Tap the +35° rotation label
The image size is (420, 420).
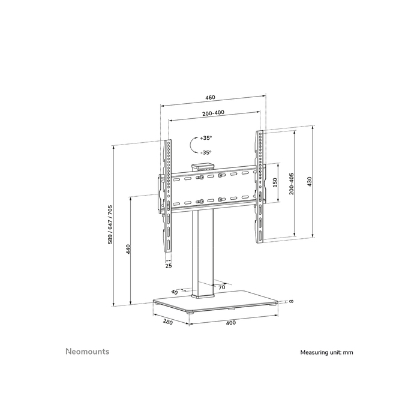click(206, 138)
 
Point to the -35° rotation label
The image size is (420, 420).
click(206, 152)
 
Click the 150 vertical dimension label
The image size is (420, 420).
click(275, 182)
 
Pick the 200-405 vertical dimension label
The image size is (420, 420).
click(292, 184)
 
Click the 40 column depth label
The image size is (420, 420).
click(174, 292)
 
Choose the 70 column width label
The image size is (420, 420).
click(221, 288)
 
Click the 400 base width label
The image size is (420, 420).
click(231, 323)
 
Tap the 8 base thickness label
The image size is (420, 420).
click(290, 301)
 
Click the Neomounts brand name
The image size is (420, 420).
click(87, 352)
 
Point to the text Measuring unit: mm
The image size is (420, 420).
click(327, 353)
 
